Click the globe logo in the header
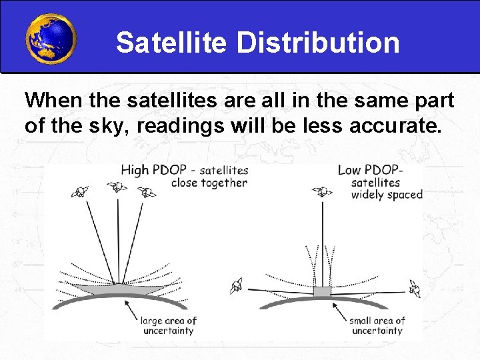51,38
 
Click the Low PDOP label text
368,170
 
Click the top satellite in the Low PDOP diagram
323,192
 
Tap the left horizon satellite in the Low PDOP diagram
237,287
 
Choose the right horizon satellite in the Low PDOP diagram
415,289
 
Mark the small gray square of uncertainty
322,292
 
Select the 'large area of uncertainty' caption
167,326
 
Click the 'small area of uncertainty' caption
377,326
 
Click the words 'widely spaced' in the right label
387,195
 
